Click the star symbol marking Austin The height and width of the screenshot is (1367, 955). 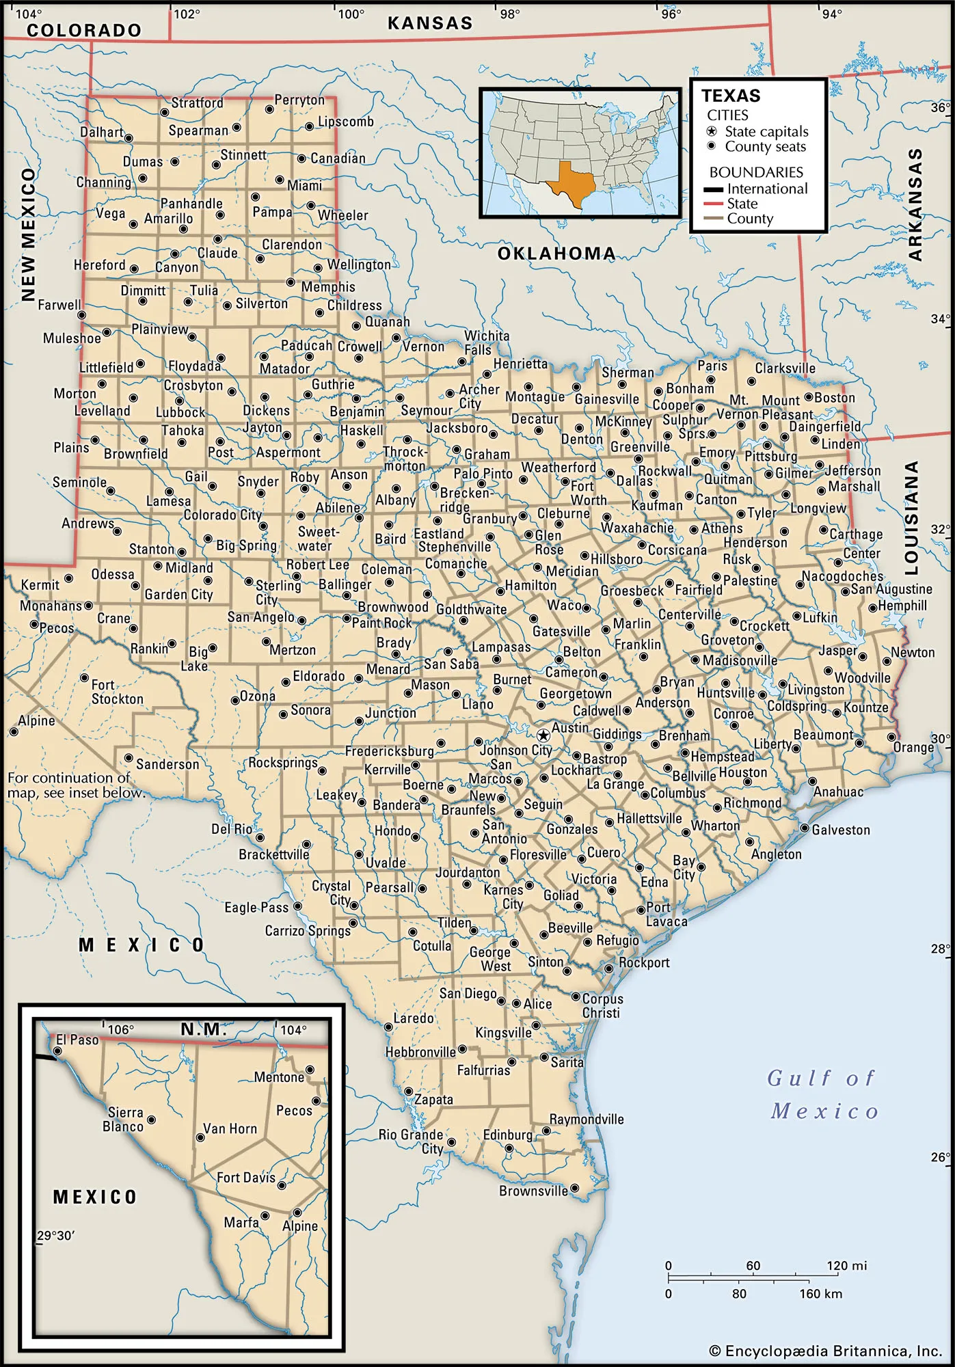[x=543, y=735]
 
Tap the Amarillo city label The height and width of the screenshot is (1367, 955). [x=168, y=219]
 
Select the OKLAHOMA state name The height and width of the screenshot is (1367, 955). [x=556, y=254]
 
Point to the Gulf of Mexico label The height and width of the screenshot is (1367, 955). [x=823, y=1094]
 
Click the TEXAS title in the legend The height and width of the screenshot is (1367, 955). [x=731, y=96]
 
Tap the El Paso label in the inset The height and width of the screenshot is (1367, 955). [x=77, y=1040]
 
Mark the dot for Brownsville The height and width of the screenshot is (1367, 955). [x=575, y=1188]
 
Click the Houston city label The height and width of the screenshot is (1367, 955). [x=743, y=772]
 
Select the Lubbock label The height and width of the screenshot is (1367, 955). [x=180, y=412]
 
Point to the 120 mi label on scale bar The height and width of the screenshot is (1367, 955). [x=846, y=1266]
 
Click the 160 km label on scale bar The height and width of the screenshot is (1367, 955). [x=820, y=1294]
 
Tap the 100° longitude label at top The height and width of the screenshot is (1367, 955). [x=352, y=14]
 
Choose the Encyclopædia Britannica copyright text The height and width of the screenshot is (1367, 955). [x=826, y=1351]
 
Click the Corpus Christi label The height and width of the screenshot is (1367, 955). [x=602, y=1005]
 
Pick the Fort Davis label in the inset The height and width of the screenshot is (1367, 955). [x=245, y=1178]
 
